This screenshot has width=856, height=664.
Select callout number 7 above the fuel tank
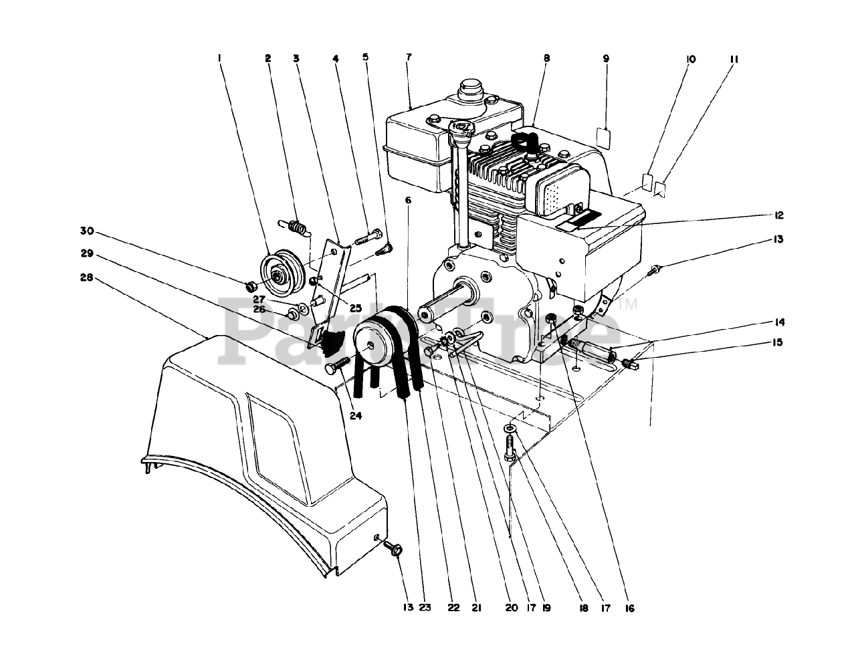click(408, 59)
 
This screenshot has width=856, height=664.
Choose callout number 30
click(86, 231)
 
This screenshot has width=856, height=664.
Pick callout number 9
click(606, 59)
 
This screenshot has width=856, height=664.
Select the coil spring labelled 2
click(296, 227)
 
